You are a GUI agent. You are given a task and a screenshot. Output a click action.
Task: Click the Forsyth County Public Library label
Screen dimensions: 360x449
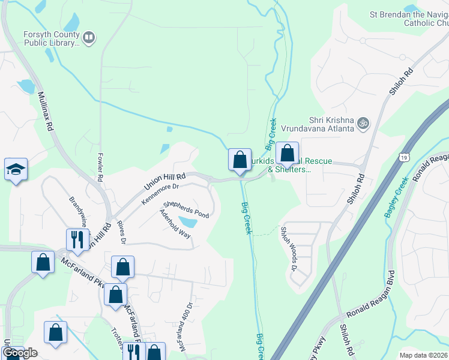click(x=51, y=38)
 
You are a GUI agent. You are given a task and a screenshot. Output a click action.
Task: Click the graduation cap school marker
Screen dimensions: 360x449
click(x=16, y=170)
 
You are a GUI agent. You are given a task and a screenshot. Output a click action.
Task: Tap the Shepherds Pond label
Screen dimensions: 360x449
click(x=186, y=209)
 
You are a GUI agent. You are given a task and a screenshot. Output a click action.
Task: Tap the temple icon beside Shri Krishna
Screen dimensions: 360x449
click(x=363, y=124)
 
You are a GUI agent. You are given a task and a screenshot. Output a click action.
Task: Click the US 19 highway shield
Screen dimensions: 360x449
click(x=405, y=158)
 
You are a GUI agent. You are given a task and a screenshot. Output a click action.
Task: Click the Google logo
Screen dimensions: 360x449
click(x=20, y=353)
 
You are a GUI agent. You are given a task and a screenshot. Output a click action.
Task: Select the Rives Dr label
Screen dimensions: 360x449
click(x=122, y=232)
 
